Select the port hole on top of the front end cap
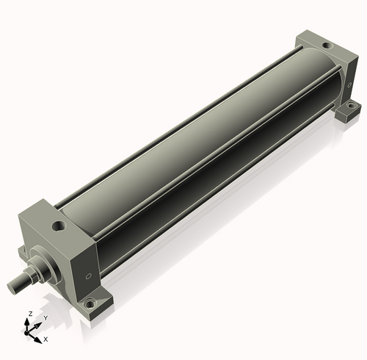(59, 226)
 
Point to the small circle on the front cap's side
(89, 276)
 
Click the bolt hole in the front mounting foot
(89, 305)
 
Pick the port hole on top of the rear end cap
(327, 46)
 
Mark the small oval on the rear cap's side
(349, 85)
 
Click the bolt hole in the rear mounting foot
(352, 107)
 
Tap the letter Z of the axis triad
(30, 314)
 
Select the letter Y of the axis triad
(46, 318)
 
